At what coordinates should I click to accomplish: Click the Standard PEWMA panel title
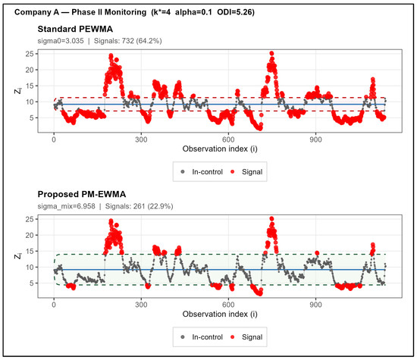pyautogui.click(x=75, y=29)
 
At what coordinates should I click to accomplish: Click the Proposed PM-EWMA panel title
pyautogui.click(x=82, y=194)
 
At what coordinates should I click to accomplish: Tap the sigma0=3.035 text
pyautogui.click(x=61, y=41)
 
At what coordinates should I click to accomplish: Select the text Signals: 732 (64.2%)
pyautogui.click(x=127, y=41)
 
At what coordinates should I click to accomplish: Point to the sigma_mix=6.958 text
pyautogui.click(x=66, y=206)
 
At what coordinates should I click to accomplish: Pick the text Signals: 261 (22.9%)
pyautogui.click(x=139, y=206)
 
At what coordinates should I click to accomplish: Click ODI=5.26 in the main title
pyautogui.click(x=236, y=12)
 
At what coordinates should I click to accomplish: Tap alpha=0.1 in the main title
pyautogui.click(x=193, y=12)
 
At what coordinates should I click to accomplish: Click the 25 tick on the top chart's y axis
pyautogui.click(x=30, y=54)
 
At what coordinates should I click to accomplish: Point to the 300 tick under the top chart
pyautogui.click(x=141, y=139)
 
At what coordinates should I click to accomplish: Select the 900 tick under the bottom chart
pyautogui.click(x=315, y=305)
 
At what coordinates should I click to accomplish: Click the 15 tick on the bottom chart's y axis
pyautogui.click(x=30, y=252)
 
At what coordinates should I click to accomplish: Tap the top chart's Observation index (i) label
pyautogui.click(x=220, y=149)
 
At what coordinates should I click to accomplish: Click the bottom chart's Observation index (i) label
pyautogui.click(x=220, y=315)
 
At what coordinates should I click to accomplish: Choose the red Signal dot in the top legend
pyautogui.click(x=233, y=172)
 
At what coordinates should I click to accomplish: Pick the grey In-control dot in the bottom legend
pyautogui.click(x=183, y=337)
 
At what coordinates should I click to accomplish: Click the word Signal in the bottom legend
pyautogui.click(x=252, y=337)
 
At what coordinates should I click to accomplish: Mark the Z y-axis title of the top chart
pyautogui.click(x=18, y=91)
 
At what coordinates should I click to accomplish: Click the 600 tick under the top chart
pyautogui.click(x=228, y=139)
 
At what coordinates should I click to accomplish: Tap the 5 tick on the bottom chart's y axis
pyautogui.click(x=32, y=283)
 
